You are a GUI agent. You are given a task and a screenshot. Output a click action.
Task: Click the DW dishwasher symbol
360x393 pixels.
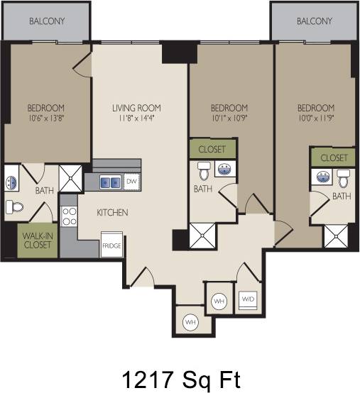point(131,182)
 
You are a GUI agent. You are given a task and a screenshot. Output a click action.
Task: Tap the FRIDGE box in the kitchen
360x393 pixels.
point(111,245)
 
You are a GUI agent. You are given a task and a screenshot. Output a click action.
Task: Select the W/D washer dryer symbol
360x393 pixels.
point(248,299)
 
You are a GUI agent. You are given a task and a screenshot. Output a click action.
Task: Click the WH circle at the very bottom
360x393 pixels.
point(190,322)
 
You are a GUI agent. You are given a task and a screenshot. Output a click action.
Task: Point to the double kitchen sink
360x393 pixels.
point(110,182)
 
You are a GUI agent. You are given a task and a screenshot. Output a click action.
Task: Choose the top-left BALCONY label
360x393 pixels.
point(47,21)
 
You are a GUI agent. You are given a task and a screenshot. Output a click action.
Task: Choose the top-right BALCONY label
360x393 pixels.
point(315,21)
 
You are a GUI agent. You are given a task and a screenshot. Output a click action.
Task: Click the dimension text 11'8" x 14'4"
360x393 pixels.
point(136,119)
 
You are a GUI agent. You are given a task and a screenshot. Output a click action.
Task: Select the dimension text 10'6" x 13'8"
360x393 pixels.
point(46,119)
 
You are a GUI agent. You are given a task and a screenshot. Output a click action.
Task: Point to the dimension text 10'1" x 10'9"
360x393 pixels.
point(230,119)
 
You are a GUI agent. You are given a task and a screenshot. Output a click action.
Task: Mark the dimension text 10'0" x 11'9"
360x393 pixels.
point(315,119)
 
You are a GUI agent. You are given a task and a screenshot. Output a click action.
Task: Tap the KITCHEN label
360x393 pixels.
point(112,212)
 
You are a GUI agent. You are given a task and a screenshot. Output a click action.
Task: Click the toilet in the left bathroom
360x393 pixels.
point(13,207)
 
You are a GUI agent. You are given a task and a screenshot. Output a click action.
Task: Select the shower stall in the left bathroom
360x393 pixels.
point(70,179)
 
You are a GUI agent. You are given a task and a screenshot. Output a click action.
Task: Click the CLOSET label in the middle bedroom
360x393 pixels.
point(212,149)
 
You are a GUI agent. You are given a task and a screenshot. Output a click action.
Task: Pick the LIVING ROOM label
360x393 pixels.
point(136,108)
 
